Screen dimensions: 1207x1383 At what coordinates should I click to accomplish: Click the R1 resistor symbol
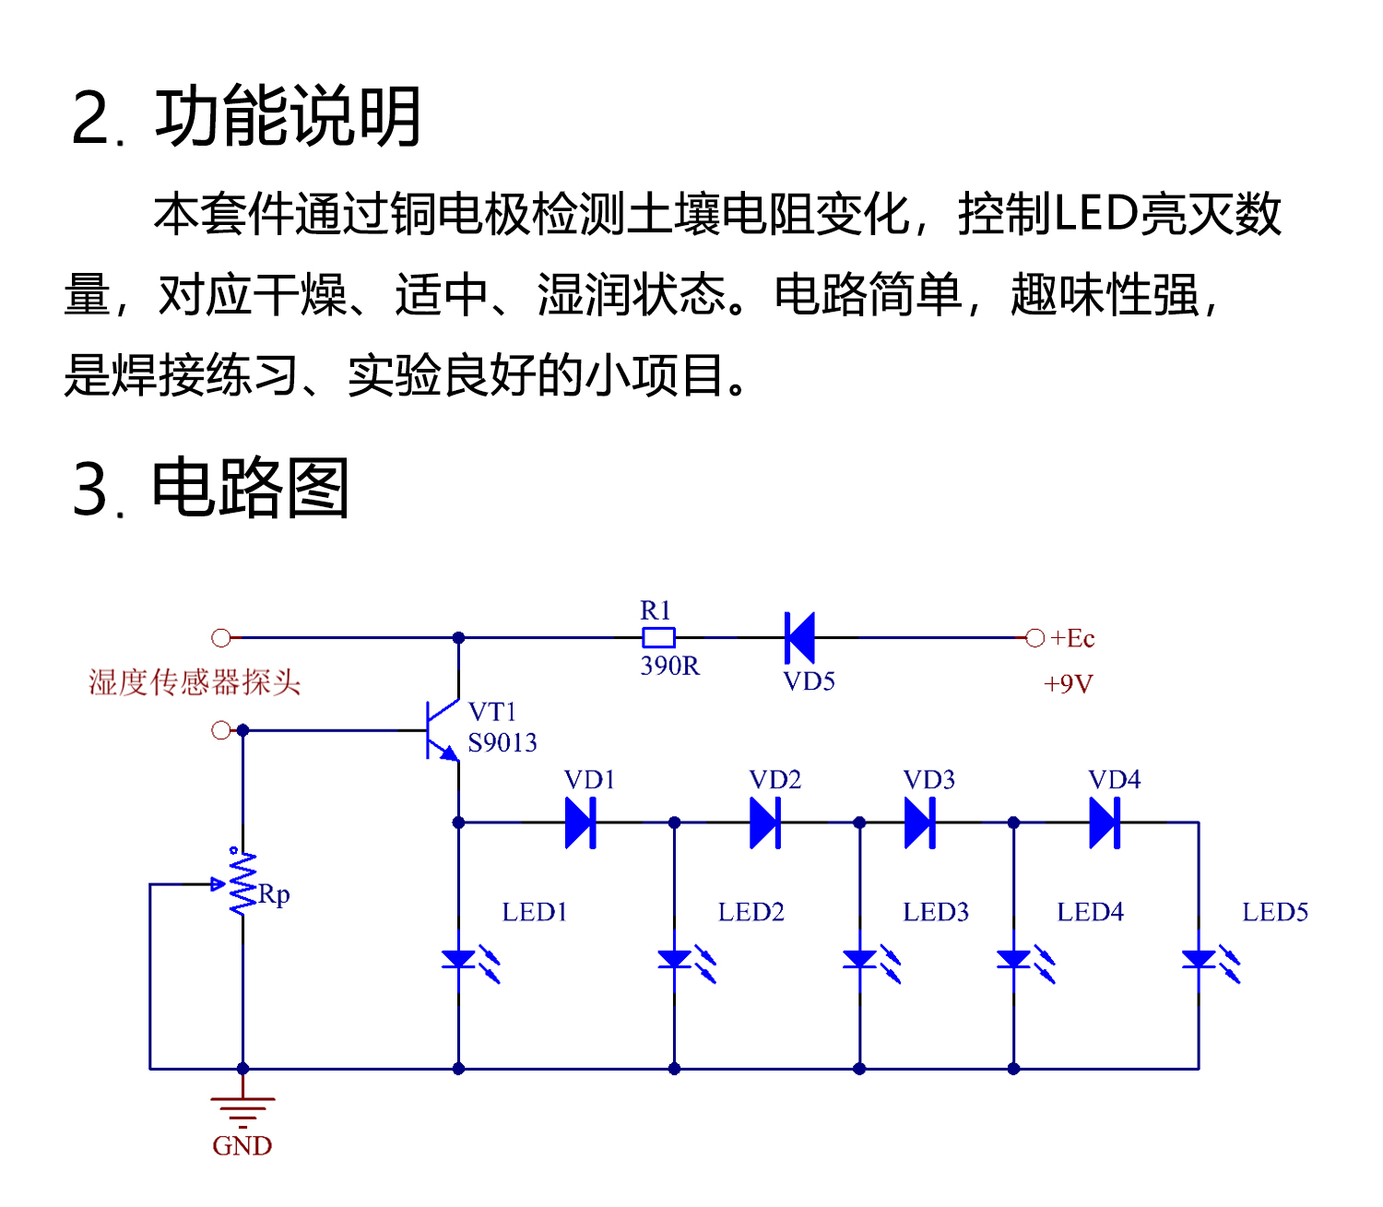coord(658,637)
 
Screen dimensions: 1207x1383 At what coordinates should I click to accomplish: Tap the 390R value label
coord(669,666)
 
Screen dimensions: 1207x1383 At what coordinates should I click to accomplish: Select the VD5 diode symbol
coord(799,637)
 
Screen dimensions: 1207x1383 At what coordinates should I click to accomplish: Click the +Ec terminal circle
coord(1034,637)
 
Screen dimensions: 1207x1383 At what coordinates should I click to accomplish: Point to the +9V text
coord(1068,684)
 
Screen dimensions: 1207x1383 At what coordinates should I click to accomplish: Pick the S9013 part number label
coord(502,743)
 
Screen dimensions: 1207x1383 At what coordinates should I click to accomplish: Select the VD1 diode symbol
coord(581,822)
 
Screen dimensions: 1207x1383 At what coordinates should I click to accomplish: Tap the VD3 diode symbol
coord(920,822)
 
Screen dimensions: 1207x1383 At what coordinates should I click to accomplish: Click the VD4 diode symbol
coord(1105,822)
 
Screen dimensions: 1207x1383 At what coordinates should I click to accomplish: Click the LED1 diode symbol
coord(459,960)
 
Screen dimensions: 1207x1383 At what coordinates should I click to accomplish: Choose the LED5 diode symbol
coord(1199,960)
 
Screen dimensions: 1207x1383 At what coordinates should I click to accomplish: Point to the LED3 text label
coord(936,912)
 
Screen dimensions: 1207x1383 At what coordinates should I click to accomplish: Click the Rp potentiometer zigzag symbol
coord(242,883)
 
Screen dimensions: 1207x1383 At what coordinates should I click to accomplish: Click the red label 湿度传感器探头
coord(195,682)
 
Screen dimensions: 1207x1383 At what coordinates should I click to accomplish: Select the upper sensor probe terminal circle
coord(220,637)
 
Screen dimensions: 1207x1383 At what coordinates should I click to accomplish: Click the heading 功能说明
coord(288,117)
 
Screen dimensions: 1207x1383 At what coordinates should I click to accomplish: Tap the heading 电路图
coord(250,488)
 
